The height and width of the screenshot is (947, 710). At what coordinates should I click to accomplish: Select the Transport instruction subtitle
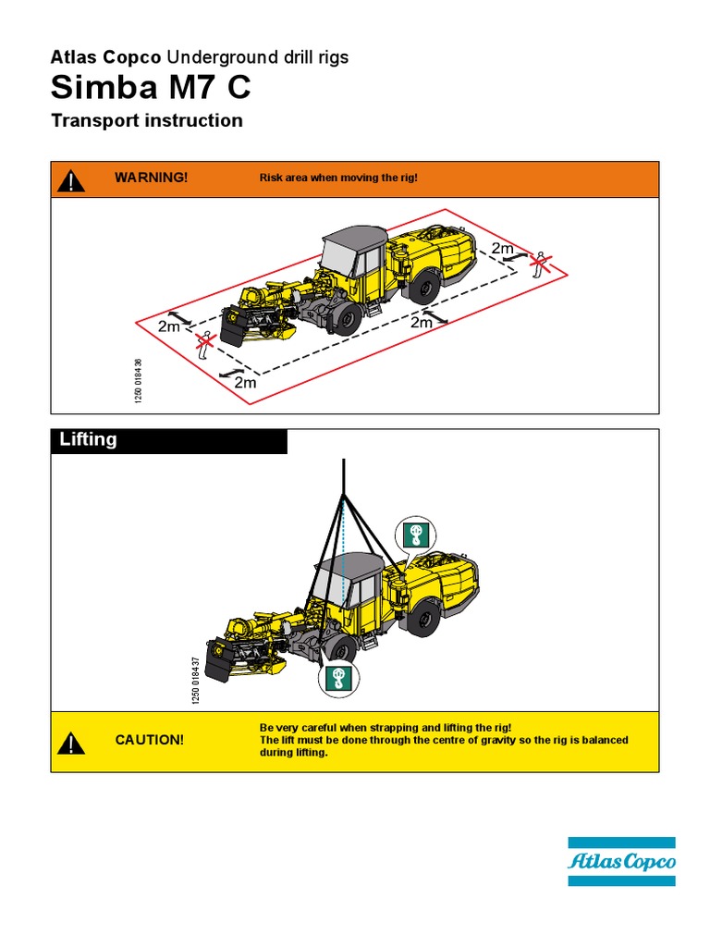click(147, 120)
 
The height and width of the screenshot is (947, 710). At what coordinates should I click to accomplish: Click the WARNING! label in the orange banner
click(151, 177)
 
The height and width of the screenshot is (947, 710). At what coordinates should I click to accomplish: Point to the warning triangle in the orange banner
click(70, 180)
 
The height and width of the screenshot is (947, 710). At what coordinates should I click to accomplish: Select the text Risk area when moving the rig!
click(338, 177)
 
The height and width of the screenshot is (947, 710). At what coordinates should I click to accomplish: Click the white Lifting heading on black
click(89, 440)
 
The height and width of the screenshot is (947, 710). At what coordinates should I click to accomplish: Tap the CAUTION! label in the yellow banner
click(149, 741)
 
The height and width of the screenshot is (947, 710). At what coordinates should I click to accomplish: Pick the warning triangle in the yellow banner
click(70, 742)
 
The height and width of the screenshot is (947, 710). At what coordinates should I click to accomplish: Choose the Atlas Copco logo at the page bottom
click(621, 862)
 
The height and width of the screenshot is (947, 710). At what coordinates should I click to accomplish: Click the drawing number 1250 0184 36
click(140, 380)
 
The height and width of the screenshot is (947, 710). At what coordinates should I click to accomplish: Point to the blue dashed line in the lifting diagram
click(343, 555)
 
